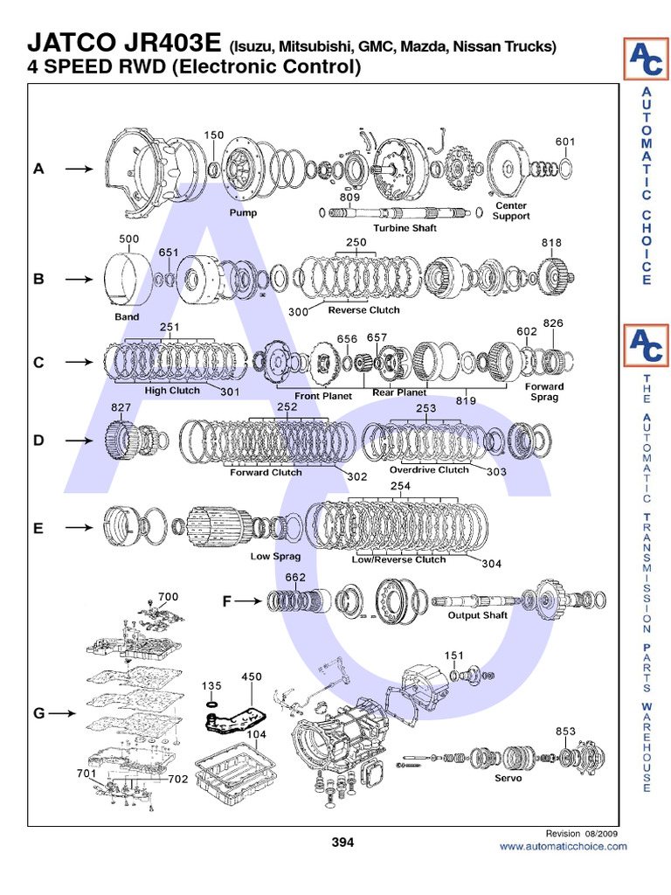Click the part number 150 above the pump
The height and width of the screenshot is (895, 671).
coord(214,135)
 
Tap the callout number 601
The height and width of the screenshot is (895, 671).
coord(565,142)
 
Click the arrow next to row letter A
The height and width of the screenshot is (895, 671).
coord(79,170)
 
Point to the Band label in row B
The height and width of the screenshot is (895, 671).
coord(128,316)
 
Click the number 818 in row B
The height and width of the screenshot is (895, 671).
coord(551,243)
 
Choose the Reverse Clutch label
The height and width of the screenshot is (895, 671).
coord(363,310)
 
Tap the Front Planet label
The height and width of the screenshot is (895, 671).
coord(322,395)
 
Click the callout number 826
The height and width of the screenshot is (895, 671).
coord(553,323)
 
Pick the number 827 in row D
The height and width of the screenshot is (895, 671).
coord(121,407)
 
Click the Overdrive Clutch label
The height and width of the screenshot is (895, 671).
coord(429,469)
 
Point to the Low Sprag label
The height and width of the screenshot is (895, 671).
coord(275,555)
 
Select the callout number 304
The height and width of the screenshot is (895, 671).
coord(491,564)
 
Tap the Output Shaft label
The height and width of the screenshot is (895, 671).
coord(477,615)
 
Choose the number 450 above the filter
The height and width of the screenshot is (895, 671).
coord(252,676)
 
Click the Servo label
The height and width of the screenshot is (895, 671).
coord(508,778)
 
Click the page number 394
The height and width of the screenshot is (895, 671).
coord(342,843)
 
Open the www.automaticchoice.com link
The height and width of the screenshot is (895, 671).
coord(563,846)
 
